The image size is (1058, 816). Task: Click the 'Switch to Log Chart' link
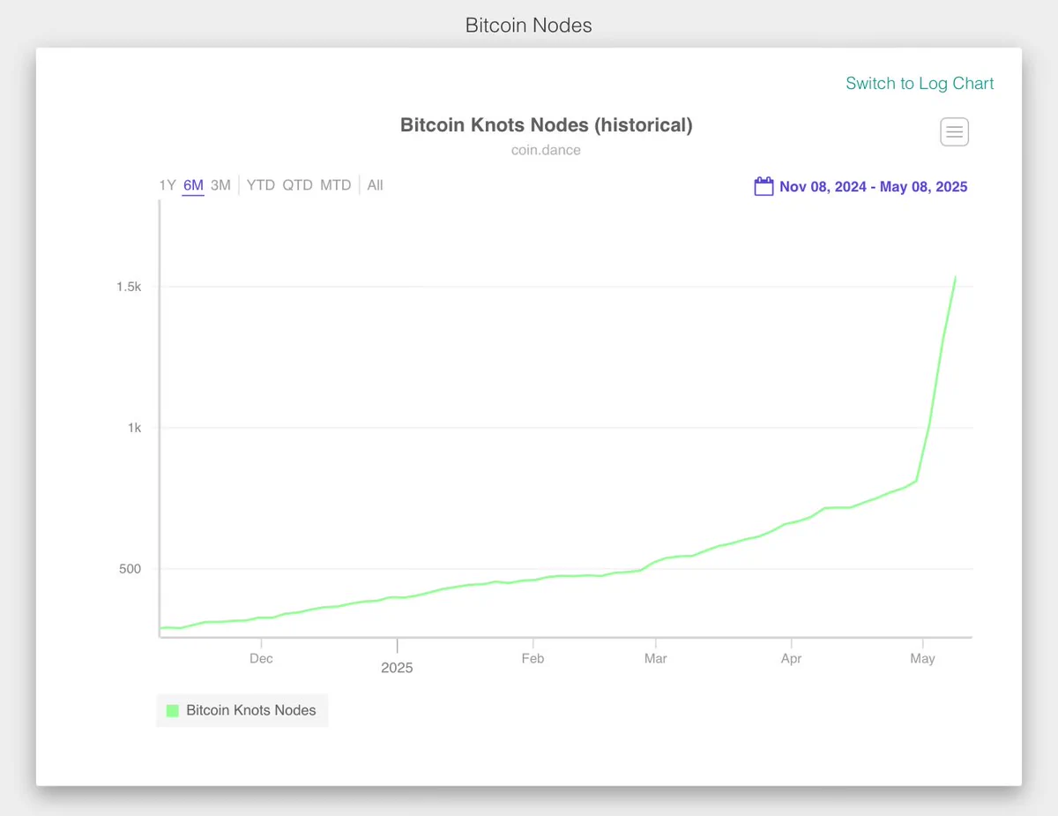920,83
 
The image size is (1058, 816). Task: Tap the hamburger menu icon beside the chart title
954,131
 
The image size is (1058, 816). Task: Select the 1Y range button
167,185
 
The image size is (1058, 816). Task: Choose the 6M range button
193,185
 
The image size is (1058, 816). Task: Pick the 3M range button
220,185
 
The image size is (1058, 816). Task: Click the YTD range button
260,185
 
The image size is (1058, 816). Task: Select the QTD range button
297,185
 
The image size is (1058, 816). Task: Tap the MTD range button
335,185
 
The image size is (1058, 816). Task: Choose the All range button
375,185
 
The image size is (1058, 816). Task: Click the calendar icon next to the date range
764,186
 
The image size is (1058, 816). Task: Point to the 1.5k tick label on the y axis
129,287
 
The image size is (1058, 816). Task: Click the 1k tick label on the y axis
134,428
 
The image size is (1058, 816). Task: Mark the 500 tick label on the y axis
130,568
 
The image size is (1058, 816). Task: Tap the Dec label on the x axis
261,659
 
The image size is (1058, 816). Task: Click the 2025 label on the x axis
397,668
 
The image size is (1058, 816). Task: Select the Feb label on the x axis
533,659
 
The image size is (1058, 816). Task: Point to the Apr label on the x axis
791,659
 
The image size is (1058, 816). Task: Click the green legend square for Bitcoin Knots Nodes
172,710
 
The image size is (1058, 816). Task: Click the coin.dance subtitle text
546,150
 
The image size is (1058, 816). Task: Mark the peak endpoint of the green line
955,277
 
